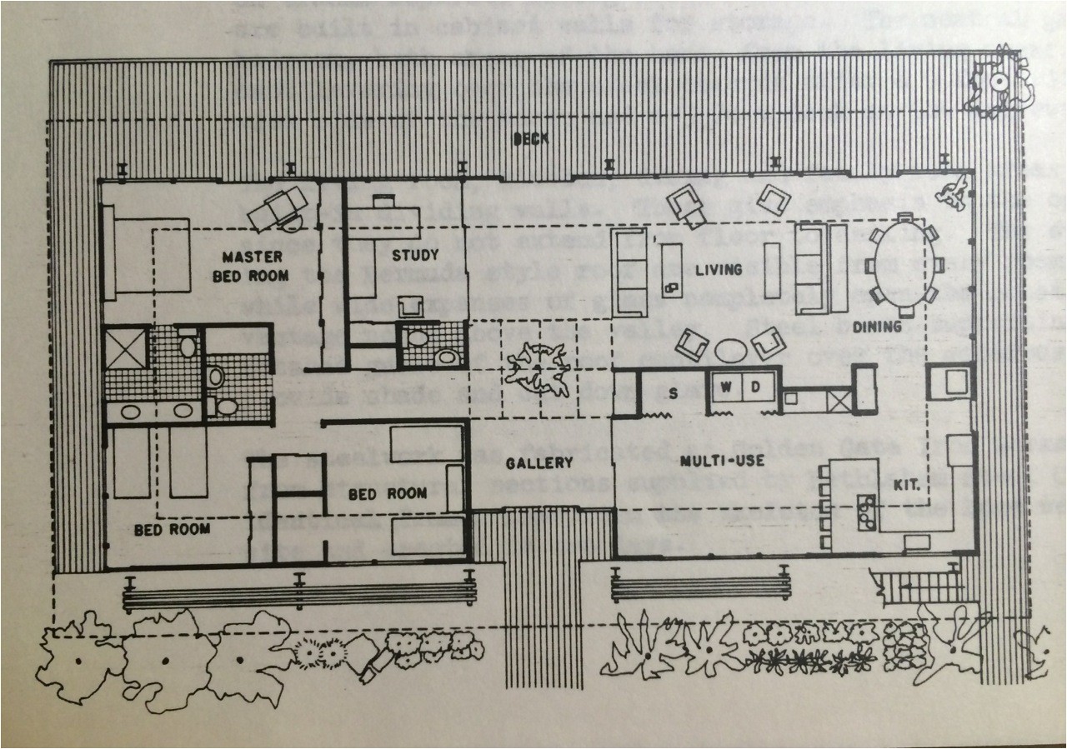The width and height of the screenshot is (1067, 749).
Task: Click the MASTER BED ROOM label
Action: click(x=250, y=266)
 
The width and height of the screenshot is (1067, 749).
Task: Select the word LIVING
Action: click(x=719, y=269)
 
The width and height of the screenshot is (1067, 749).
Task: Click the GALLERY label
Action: click(x=540, y=463)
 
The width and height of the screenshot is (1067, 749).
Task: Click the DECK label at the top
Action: click(x=531, y=139)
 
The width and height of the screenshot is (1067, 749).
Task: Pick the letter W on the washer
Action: click(x=725, y=388)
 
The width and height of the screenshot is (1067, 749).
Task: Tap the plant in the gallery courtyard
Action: click(x=538, y=367)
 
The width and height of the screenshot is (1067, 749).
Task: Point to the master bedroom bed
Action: click(x=146, y=252)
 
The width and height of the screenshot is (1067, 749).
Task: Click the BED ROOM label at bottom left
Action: click(x=173, y=528)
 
